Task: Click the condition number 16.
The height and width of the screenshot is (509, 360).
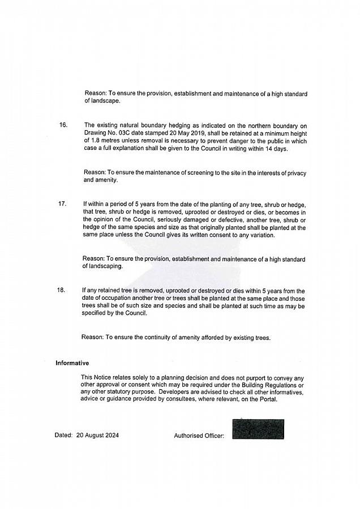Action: (x=63, y=125)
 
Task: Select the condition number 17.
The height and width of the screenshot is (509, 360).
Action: (x=62, y=204)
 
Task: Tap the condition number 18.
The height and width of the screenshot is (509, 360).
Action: (x=61, y=291)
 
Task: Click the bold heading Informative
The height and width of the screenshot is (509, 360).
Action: (x=72, y=363)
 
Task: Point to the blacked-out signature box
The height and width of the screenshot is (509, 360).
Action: (x=258, y=429)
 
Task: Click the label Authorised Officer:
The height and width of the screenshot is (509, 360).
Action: (x=199, y=435)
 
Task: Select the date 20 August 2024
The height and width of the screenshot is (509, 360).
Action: (x=97, y=435)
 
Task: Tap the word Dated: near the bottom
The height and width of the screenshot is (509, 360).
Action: (x=63, y=435)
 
